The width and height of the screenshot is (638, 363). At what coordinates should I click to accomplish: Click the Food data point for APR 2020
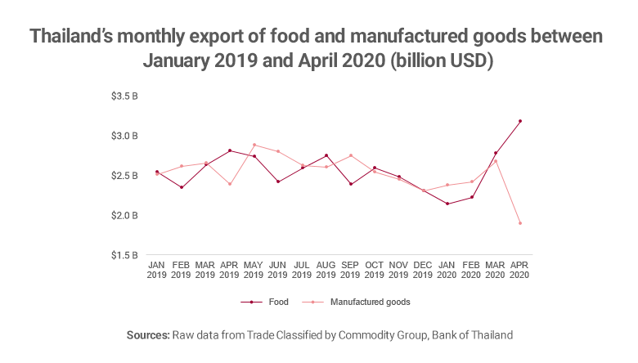point(520,121)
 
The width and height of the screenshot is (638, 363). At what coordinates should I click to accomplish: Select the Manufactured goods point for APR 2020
point(520,223)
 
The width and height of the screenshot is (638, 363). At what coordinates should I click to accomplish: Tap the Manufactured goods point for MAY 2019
point(254,145)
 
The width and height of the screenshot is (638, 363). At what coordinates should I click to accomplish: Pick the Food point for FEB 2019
point(182,187)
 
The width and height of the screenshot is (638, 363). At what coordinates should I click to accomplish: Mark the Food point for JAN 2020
point(447,204)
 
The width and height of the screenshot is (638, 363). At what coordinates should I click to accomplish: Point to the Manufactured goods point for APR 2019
point(230,184)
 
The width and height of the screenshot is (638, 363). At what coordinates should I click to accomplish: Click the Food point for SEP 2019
point(351,184)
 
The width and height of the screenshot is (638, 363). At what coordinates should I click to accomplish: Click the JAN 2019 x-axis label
point(157,270)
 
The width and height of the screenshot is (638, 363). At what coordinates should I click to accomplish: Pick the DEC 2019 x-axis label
point(424,270)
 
